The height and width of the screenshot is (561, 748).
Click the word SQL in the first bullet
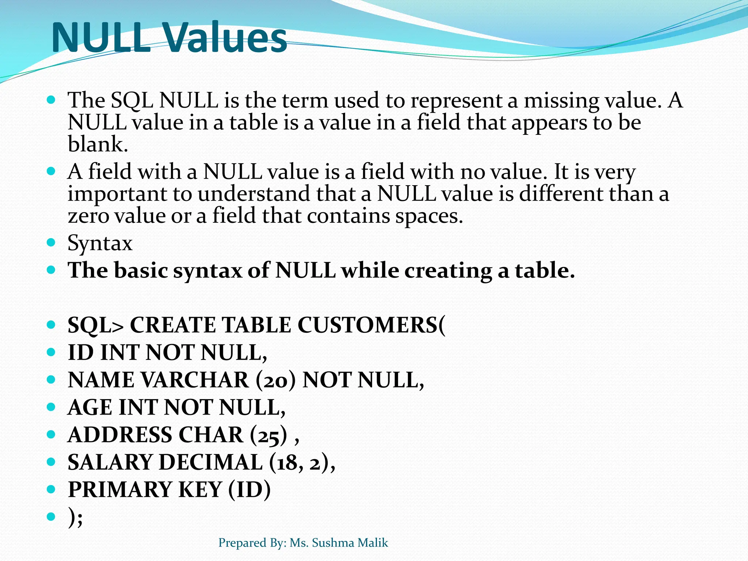click(x=131, y=100)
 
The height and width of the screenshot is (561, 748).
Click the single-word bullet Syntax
click(x=100, y=243)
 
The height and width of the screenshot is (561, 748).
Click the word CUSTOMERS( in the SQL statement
click(x=371, y=325)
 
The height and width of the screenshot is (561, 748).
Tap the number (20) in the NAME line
click(x=275, y=380)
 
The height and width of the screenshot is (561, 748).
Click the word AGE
click(x=90, y=408)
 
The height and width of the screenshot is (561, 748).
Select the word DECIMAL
click(x=211, y=462)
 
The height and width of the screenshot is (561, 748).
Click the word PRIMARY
click(x=120, y=490)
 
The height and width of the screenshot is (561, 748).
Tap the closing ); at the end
click(x=75, y=518)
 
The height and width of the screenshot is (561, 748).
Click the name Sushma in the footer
click(x=333, y=543)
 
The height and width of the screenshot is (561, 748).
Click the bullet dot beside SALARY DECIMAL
click(x=51, y=462)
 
